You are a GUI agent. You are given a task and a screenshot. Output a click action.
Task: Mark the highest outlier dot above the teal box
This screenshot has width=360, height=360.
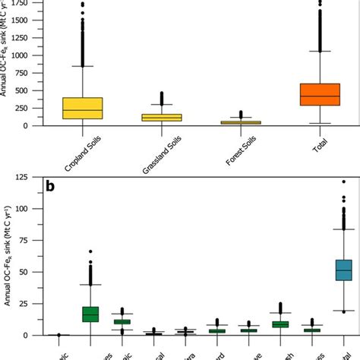(x=343, y=182)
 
